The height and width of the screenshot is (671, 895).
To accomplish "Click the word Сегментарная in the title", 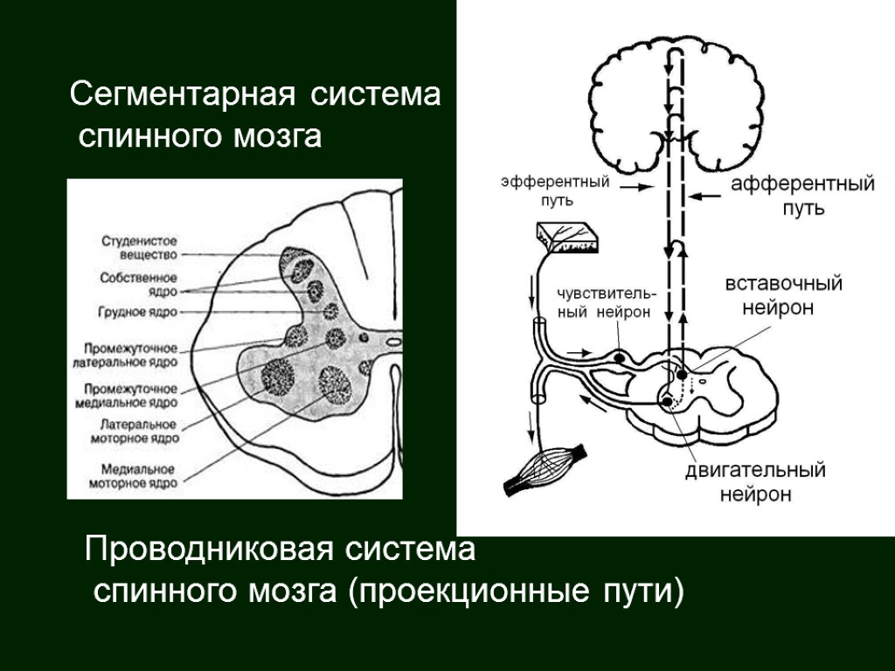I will pos(182,93).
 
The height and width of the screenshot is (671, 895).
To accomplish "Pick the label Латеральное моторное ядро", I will pos(139,430).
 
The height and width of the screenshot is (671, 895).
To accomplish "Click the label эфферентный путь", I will pos(555,191).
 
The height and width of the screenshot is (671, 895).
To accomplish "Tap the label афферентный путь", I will pos(802,197).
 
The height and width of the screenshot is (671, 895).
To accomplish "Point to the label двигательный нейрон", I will pos(755,482).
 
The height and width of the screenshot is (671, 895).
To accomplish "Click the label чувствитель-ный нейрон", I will pos(603,303).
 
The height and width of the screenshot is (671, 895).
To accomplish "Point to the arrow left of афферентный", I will pos(706,196).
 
